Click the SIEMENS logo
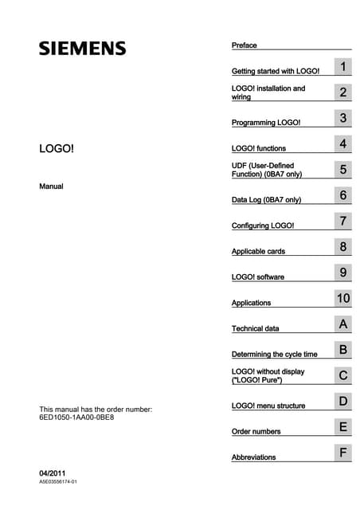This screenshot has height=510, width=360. point(83,48)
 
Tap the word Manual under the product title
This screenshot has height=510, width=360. point(51,186)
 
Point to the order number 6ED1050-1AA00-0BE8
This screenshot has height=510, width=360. point(76,418)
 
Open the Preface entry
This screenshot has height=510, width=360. point(245,45)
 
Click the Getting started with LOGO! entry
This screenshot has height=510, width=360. point(275,71)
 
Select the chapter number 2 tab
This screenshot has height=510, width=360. point(342,93)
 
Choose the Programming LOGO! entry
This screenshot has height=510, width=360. point(266,123)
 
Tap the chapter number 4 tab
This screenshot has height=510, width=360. point(342,144)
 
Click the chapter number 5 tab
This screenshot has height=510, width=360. point(342,170)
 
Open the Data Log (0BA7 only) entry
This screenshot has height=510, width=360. point(266,199)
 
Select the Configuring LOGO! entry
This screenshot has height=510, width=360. point(263,226)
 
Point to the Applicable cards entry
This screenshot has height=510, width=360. point(258,251)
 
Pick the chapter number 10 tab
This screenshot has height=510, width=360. point(342,299)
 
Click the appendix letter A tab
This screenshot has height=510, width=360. point(342,324)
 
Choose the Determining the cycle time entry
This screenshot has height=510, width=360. point(274,354)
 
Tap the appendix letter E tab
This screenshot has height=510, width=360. point(342,427)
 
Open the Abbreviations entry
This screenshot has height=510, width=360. point(254,457)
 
